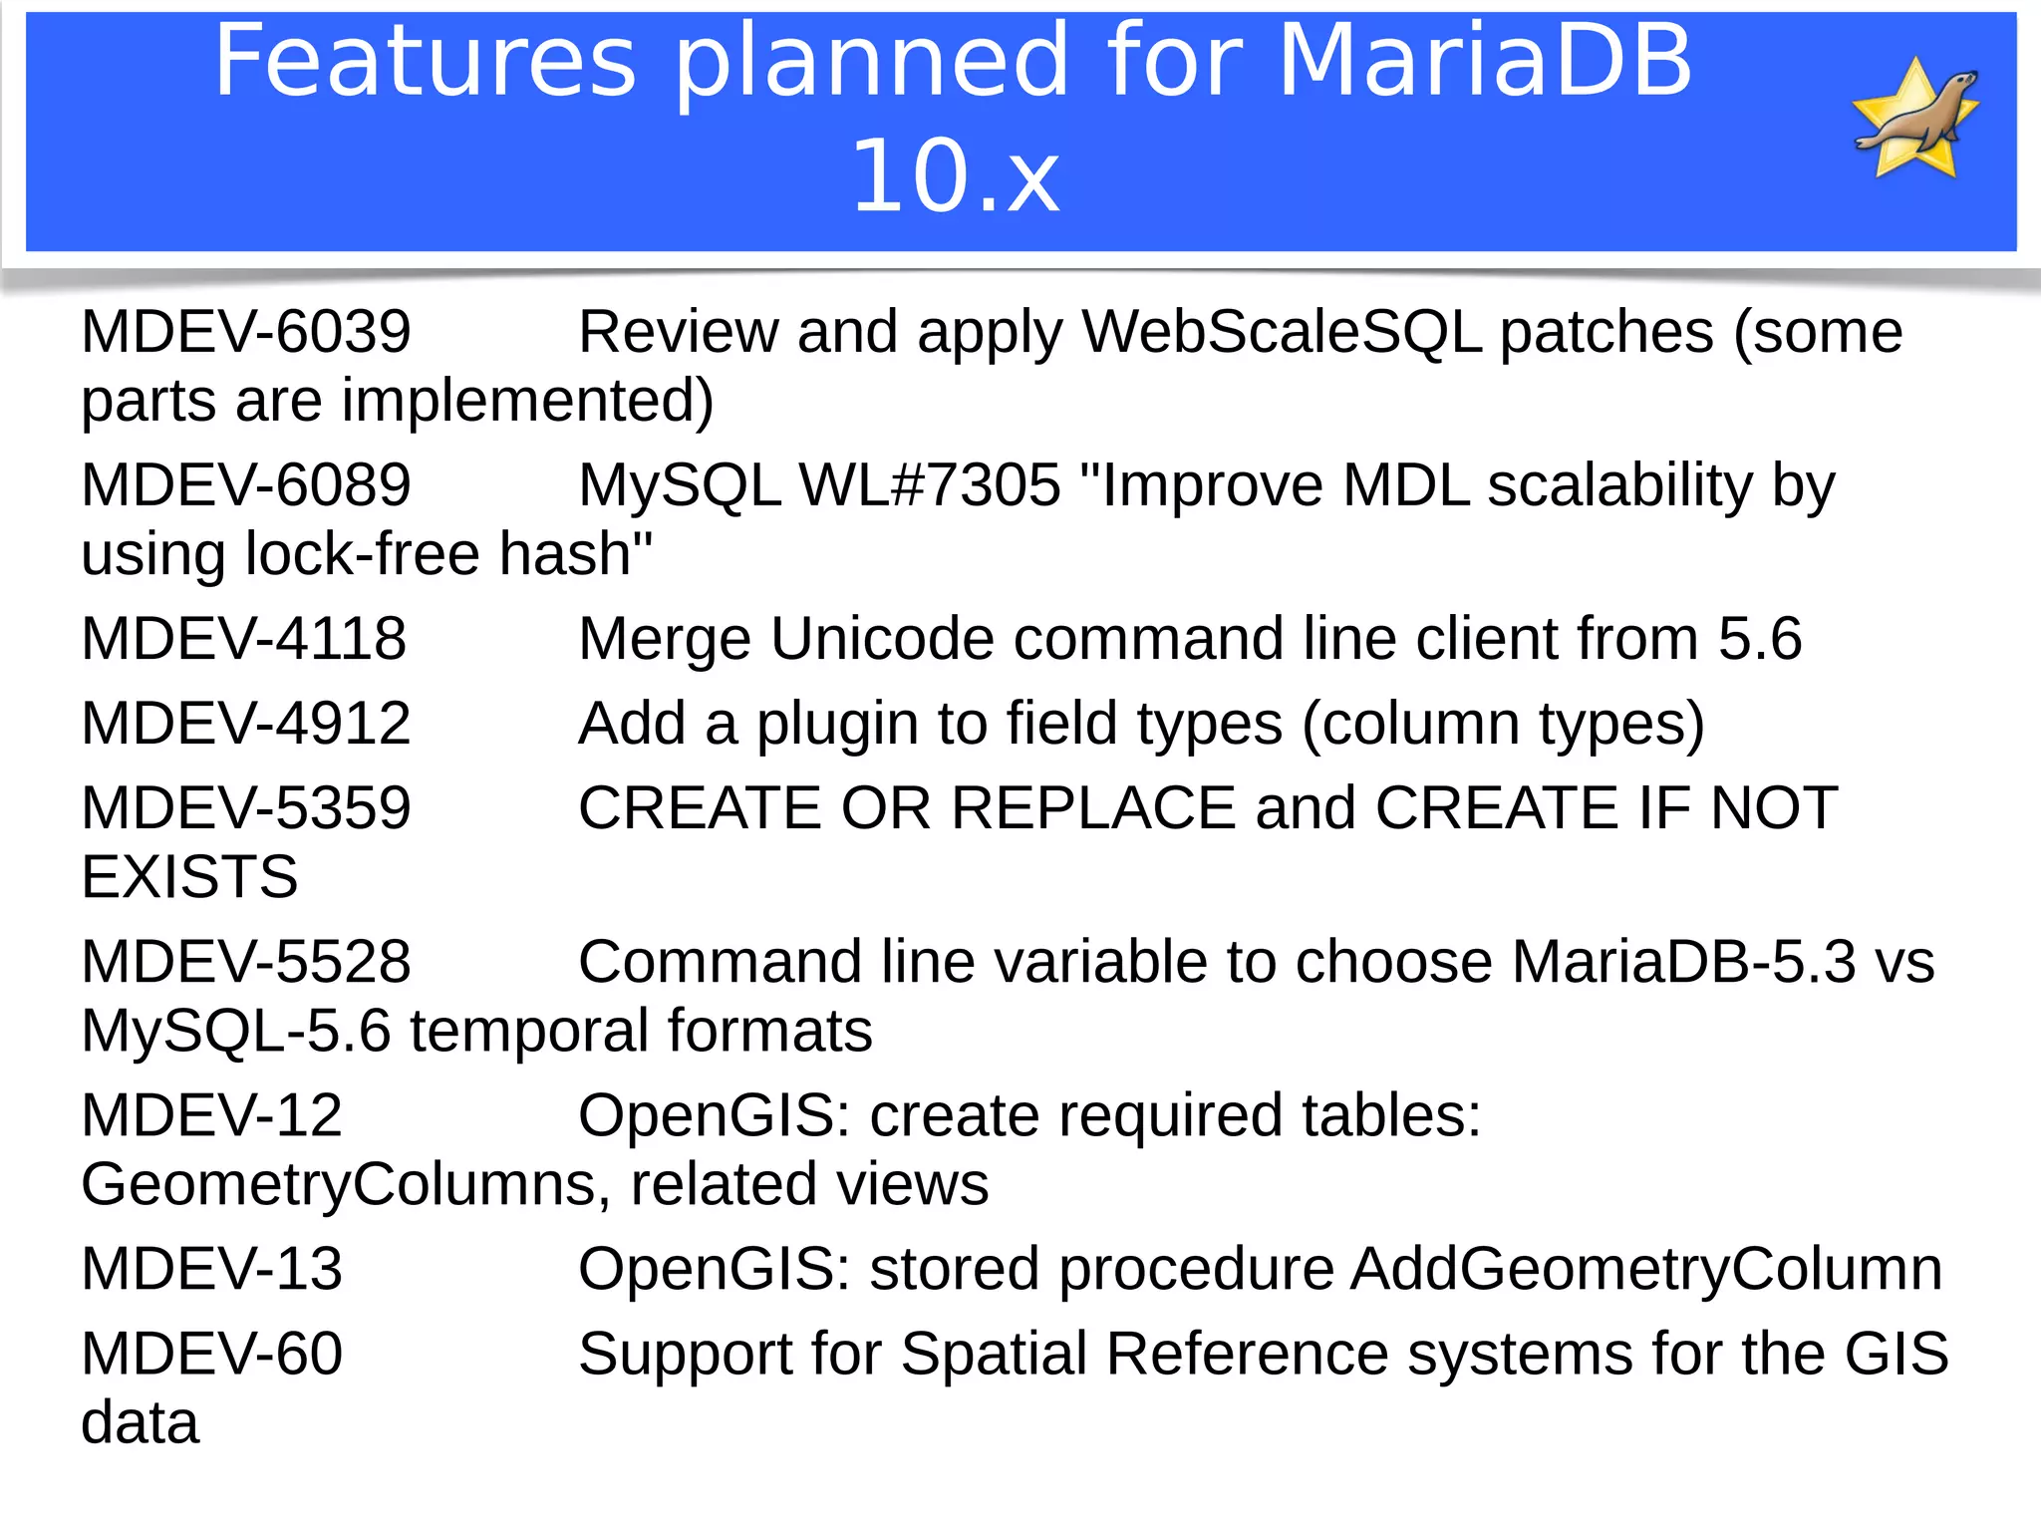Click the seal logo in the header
pyautogui.click(x=1915, y=120)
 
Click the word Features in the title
pyautogui.click(x=425, y=62)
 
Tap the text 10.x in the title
pyautogui.click(x=956, y=177)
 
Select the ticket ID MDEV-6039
pyautogui.click(x=245, y=332)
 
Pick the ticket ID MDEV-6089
pyautogui.click(x=245, y=485)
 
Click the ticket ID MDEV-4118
pyautogui.click(x=243, y=639)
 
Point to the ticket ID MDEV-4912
pyautogui.click(x=245, y=724)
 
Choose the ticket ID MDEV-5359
pyautogui.click(x=245, y=808)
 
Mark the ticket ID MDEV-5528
pyautogui.click(x=245, y=962)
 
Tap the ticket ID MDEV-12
pyautogui.click(x=211, y=1115)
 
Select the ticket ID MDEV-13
pyautogui.click(x=211, y=1270)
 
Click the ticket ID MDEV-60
pyautogui.click(x=211, y=1355)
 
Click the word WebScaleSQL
pyautogui.click(x=1282, y=332)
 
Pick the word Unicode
pyautogui.click(x=882, y=639)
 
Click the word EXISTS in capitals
pyautogui.click(x=189, y=878)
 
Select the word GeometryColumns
pyautogui.click(x=339, y=1185)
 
